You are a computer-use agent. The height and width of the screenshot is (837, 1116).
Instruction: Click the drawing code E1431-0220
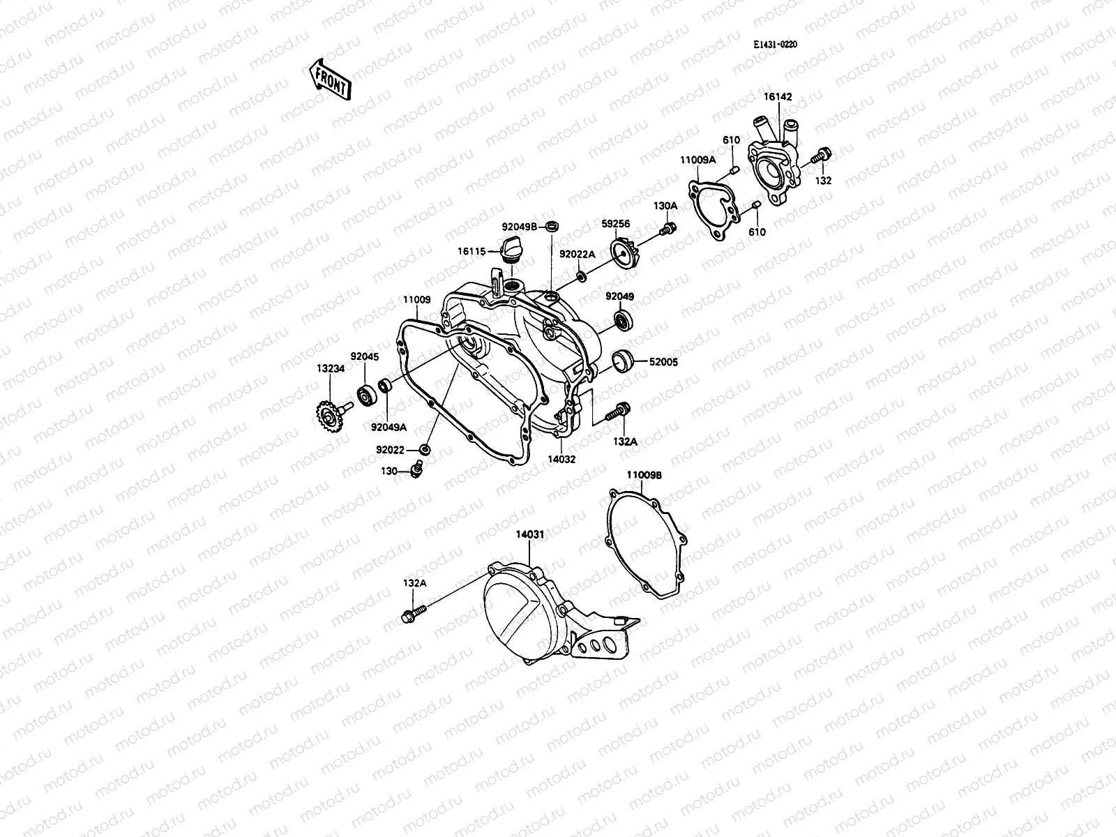(774, 45)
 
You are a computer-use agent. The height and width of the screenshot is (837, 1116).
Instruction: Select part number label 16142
(778, 97)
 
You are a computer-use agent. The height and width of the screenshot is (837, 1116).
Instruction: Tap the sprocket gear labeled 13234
(325, 420)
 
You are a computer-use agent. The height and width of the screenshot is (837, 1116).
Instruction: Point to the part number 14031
(529, 534)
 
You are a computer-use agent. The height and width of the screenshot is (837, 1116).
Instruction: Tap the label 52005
(663, 362)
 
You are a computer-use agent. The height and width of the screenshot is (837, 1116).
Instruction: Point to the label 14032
(561, 460)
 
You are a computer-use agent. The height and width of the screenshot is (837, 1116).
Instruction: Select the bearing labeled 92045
(365, 395)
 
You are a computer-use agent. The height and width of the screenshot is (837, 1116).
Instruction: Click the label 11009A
(698, 160)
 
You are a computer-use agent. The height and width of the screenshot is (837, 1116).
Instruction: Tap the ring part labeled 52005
(621, 361)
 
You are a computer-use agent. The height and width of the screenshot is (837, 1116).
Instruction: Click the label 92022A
(577, 255)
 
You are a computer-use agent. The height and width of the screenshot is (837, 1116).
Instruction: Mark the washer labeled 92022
(424, 448)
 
